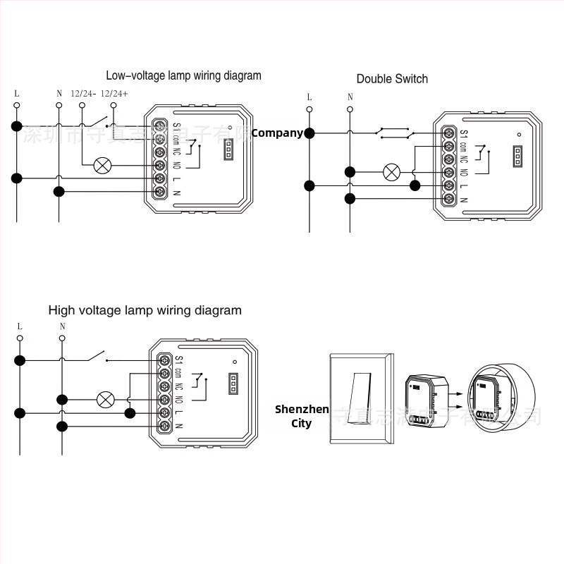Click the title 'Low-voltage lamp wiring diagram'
(183, 75)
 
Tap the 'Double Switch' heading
(392, 79)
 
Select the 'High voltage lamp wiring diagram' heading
(145, 310)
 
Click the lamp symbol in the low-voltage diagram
(103, 165)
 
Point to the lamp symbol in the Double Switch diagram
(391, 171)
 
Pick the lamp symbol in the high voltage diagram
(106, 400)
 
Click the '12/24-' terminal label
(83, 93)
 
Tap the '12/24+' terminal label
(114, 93)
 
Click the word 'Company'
(277, 133)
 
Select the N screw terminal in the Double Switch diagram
(447, 199)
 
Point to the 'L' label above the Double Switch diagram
(309, 97)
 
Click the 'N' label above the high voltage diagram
(62, 326)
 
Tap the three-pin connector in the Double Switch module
(518, 156)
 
